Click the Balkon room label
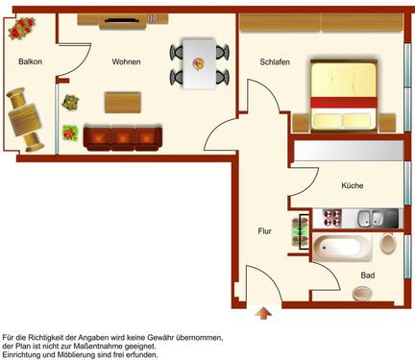pyautogui.click(x=31, y=61)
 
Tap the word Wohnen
pyautogui.click(x=126, y=61)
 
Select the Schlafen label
pyautogui.click(x=275, y=62)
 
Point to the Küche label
pyautogui.click(x=353, y=185)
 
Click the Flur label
pyautogui.click(x=264, y=231)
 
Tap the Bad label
pyautogui.click(x=368, y=276)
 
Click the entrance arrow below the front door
pyautogui.click(x=263, y=313)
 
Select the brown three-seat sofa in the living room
pyautogui.click(x=123, y=138)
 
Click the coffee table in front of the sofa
pyautogui.click(x=123, y=103)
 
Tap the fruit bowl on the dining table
pyautogui.click(x=199, y=63)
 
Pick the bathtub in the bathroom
pyautogui.click(x=343, y=248)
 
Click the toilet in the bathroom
pyautogui.click(x=388, y=244)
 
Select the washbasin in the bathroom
pyautogui.click(x=362, y=293)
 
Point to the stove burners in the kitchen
pyautogui.click(x=332, y=218)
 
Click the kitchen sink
pyautogui.click(x=371, y=218)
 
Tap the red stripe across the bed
pyautogui.click(x=343, y=103)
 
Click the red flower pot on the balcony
pyautogui.click(x=22, y=28)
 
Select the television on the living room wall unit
pyautogui.click(x=122, y=20)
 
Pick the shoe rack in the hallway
pyautogui.click(x=301, y=232)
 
